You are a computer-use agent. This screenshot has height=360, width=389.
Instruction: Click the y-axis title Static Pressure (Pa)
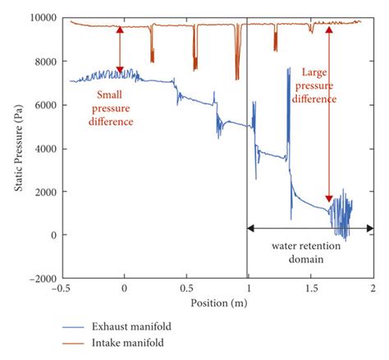tap(18, 148)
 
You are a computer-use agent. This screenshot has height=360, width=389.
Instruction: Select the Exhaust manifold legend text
tap(144, 326)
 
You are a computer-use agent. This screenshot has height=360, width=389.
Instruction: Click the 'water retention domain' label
tap(311, 251)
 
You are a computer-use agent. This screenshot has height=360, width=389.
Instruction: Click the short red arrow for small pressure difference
tap(121, 50)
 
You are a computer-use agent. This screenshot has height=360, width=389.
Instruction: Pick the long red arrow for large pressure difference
tap(329, 115)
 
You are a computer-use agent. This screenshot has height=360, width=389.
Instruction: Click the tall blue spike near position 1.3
tap(288, 107)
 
